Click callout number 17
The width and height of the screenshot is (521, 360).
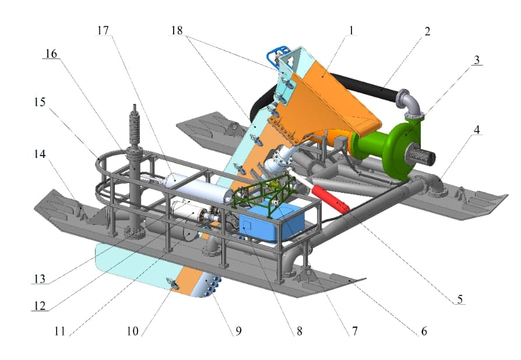pyautogui.click(x=103, y=30)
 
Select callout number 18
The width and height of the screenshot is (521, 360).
pyautogui.click(x=177, y=30)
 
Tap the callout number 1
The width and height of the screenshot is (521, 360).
pyautogui.click(x=351, y=30)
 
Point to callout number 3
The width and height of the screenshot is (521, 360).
pyautogui.click(x=477, y=60)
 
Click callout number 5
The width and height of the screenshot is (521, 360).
pyautogui.click(x=460, y=299)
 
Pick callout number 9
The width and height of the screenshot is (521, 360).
pyautogui.click(x=238, y=331)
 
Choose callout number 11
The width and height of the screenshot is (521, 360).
pyautogui.click(x=60, y=331)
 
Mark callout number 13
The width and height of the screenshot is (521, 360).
pyautogui.click(x=40, y=278)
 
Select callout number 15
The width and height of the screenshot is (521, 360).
pyautogui.click(x=40, y=101)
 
